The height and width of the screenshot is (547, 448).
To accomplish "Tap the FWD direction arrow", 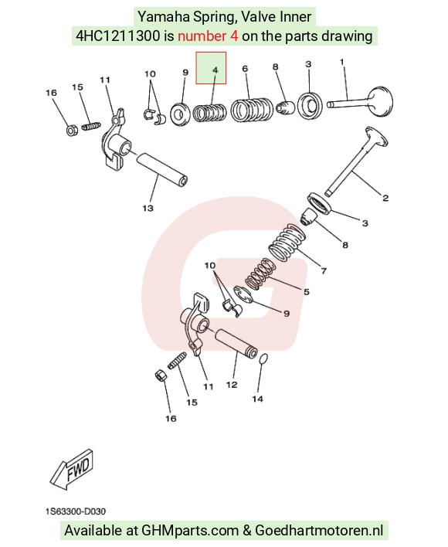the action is (x=72, y=469).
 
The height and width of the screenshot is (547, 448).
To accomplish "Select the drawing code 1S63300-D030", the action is (x=75, y=511).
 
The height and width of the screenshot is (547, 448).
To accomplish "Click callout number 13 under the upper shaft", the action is (x=148, y=208).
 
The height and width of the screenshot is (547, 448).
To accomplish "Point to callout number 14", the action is (x=258, y=399).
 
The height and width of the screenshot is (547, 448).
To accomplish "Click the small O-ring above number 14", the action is (x=264, y=359).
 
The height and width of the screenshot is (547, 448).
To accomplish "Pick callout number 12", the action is (x=232, y=385).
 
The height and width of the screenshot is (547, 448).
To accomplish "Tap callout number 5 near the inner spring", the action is (x=307, y=291).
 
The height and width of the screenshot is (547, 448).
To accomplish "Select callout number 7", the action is (x=324, y=270).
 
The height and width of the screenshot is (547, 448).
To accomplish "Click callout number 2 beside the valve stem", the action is (x=385, y=198).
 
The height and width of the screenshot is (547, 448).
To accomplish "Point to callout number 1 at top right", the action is (x=341, y=62).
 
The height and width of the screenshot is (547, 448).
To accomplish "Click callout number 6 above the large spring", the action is (x=245, y=68).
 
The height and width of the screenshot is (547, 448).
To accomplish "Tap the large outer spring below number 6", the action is (x=252, y=110).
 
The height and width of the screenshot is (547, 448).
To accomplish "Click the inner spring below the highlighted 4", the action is (x=209, y=112).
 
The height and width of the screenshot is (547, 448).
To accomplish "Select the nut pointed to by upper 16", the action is (x=72, y=131).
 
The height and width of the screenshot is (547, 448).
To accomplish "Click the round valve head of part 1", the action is (x=380, y=102).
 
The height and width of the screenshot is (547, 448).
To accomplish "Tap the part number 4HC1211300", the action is (x=118, y=36).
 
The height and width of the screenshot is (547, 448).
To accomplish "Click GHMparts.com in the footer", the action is (x=190, y=530).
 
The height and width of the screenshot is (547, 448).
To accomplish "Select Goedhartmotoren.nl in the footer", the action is (x=319, y=530).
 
